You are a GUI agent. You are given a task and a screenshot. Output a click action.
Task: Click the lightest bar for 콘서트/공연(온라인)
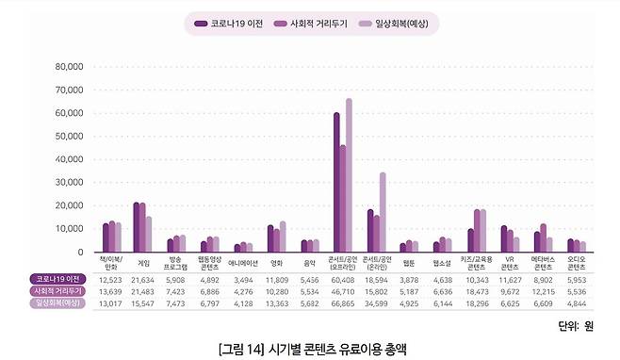pos(382,212)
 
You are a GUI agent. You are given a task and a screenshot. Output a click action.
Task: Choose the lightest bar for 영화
pos(283,237)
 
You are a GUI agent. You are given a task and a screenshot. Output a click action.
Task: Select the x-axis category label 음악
pos(309,263)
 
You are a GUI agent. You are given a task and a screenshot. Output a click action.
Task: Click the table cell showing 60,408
pos(342,280)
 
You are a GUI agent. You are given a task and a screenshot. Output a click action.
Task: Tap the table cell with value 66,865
pos(342,303)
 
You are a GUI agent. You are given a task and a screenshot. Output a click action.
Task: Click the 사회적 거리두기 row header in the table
pos(57,291)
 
